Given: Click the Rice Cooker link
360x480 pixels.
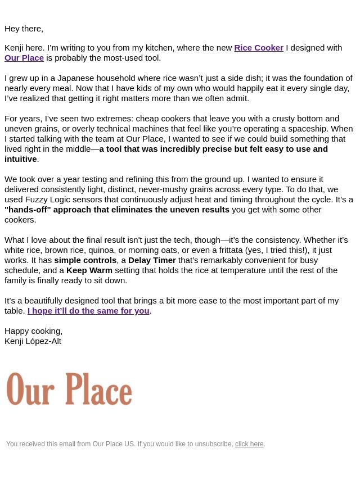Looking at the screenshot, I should point(258,48).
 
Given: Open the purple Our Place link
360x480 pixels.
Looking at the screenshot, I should point(24,58).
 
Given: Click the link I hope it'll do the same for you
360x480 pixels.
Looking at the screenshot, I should point(88,311).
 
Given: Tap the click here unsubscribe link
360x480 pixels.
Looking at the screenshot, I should point(249,444).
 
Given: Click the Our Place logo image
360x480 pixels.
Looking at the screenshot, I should point(69,388).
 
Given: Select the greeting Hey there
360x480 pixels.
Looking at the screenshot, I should point(24,29).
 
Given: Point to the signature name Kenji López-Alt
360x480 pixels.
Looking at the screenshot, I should point(33,341).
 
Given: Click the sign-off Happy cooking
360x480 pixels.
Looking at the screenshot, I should point(33,331).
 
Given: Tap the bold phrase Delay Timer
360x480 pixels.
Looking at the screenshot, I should point(152,260).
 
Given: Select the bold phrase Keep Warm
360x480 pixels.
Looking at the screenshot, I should point(89,270).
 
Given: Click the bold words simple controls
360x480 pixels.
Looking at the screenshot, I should point(85,260).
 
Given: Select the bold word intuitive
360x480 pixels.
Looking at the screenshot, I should point(20,159).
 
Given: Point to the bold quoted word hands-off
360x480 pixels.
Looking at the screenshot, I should point(28,210).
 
